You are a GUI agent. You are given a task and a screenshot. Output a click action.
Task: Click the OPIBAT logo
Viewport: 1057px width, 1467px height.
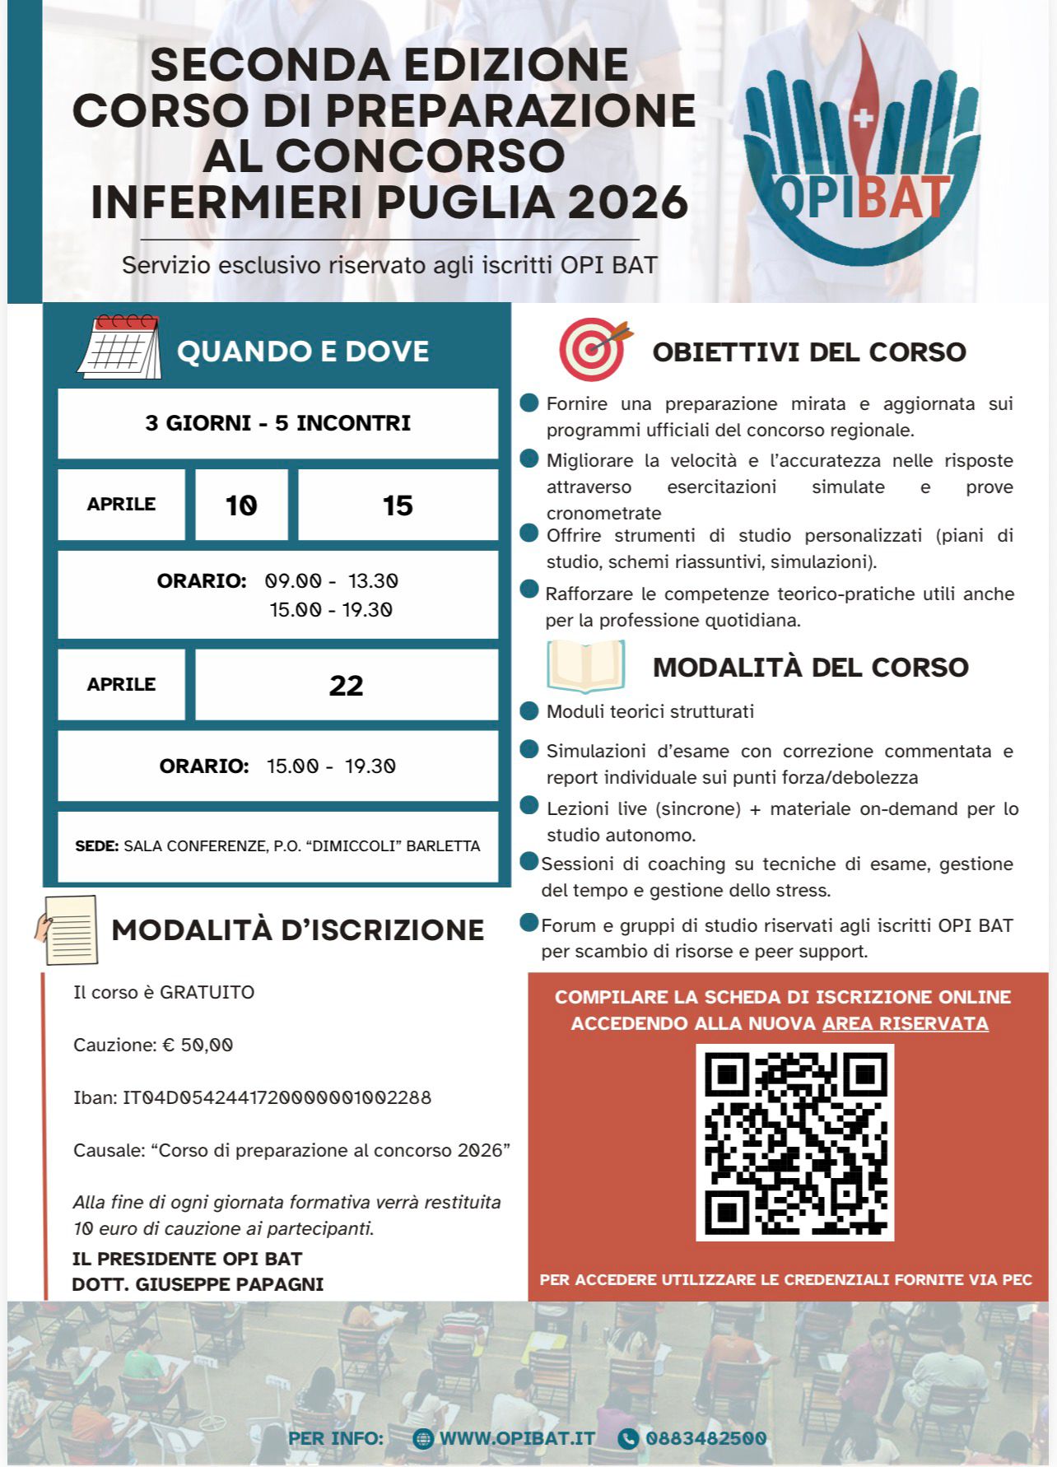pos(861,152)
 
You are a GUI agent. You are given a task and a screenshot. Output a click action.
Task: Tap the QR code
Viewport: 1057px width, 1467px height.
pos(794,1142)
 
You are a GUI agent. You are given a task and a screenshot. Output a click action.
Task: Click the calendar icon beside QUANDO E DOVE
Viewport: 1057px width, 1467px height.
pos(120,348)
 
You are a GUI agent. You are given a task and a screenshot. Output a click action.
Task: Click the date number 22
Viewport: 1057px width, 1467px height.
pos(346,685)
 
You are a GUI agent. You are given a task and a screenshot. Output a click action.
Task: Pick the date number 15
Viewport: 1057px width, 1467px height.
pos(398,505)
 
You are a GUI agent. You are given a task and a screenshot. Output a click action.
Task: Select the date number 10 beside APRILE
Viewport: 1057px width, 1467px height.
pos(241,505)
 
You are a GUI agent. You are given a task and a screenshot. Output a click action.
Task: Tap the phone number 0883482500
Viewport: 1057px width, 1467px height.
pos(705,1438)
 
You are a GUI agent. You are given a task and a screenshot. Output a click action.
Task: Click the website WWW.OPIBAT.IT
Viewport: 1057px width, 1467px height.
pos(517,1438)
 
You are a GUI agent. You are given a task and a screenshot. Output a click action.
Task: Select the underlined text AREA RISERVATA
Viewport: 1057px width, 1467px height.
pos(905,1023)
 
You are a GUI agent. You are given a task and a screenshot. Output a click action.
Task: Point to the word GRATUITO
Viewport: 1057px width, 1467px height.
pos(207,992)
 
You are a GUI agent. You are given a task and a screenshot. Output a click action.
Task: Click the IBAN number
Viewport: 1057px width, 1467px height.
pos(277,1097)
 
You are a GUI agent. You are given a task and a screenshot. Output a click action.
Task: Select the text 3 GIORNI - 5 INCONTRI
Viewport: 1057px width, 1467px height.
pos(277,423)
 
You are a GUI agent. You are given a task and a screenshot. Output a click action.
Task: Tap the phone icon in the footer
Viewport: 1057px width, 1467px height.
pos(627,1438)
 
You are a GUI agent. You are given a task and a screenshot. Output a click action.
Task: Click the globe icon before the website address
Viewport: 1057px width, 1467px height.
pos(423,1438)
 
